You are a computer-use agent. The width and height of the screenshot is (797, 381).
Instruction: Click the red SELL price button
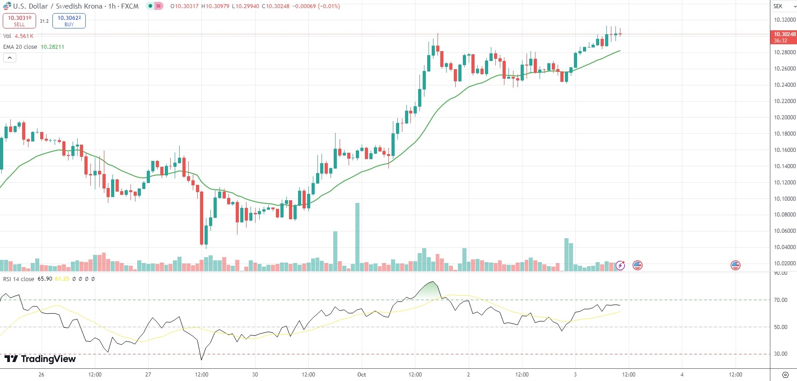19,21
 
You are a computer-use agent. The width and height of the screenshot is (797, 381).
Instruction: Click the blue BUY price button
69,21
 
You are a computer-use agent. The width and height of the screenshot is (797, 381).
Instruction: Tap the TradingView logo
40,359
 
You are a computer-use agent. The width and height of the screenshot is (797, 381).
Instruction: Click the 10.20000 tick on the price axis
785,118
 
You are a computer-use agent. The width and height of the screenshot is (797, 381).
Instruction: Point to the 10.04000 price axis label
785,247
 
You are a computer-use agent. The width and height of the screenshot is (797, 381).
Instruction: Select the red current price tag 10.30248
784,37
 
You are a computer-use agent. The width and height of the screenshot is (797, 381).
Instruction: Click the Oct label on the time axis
361,375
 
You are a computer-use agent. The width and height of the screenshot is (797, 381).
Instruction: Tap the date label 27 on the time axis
148,375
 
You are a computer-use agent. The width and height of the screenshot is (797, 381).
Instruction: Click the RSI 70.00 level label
781,300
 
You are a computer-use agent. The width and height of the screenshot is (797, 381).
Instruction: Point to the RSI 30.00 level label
781,354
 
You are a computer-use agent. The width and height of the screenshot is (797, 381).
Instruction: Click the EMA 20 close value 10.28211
52,47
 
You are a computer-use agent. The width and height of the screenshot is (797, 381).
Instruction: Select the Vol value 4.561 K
24,36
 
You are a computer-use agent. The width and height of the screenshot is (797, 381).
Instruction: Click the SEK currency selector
783,6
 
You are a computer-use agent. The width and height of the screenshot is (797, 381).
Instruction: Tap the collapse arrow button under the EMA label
9,58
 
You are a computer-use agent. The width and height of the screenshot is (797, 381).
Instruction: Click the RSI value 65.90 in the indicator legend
45,279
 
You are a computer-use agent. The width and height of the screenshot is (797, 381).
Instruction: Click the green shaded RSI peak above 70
430,291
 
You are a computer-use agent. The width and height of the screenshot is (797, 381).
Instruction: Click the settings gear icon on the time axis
785,375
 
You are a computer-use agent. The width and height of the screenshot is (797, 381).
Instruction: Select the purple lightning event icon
620,265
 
